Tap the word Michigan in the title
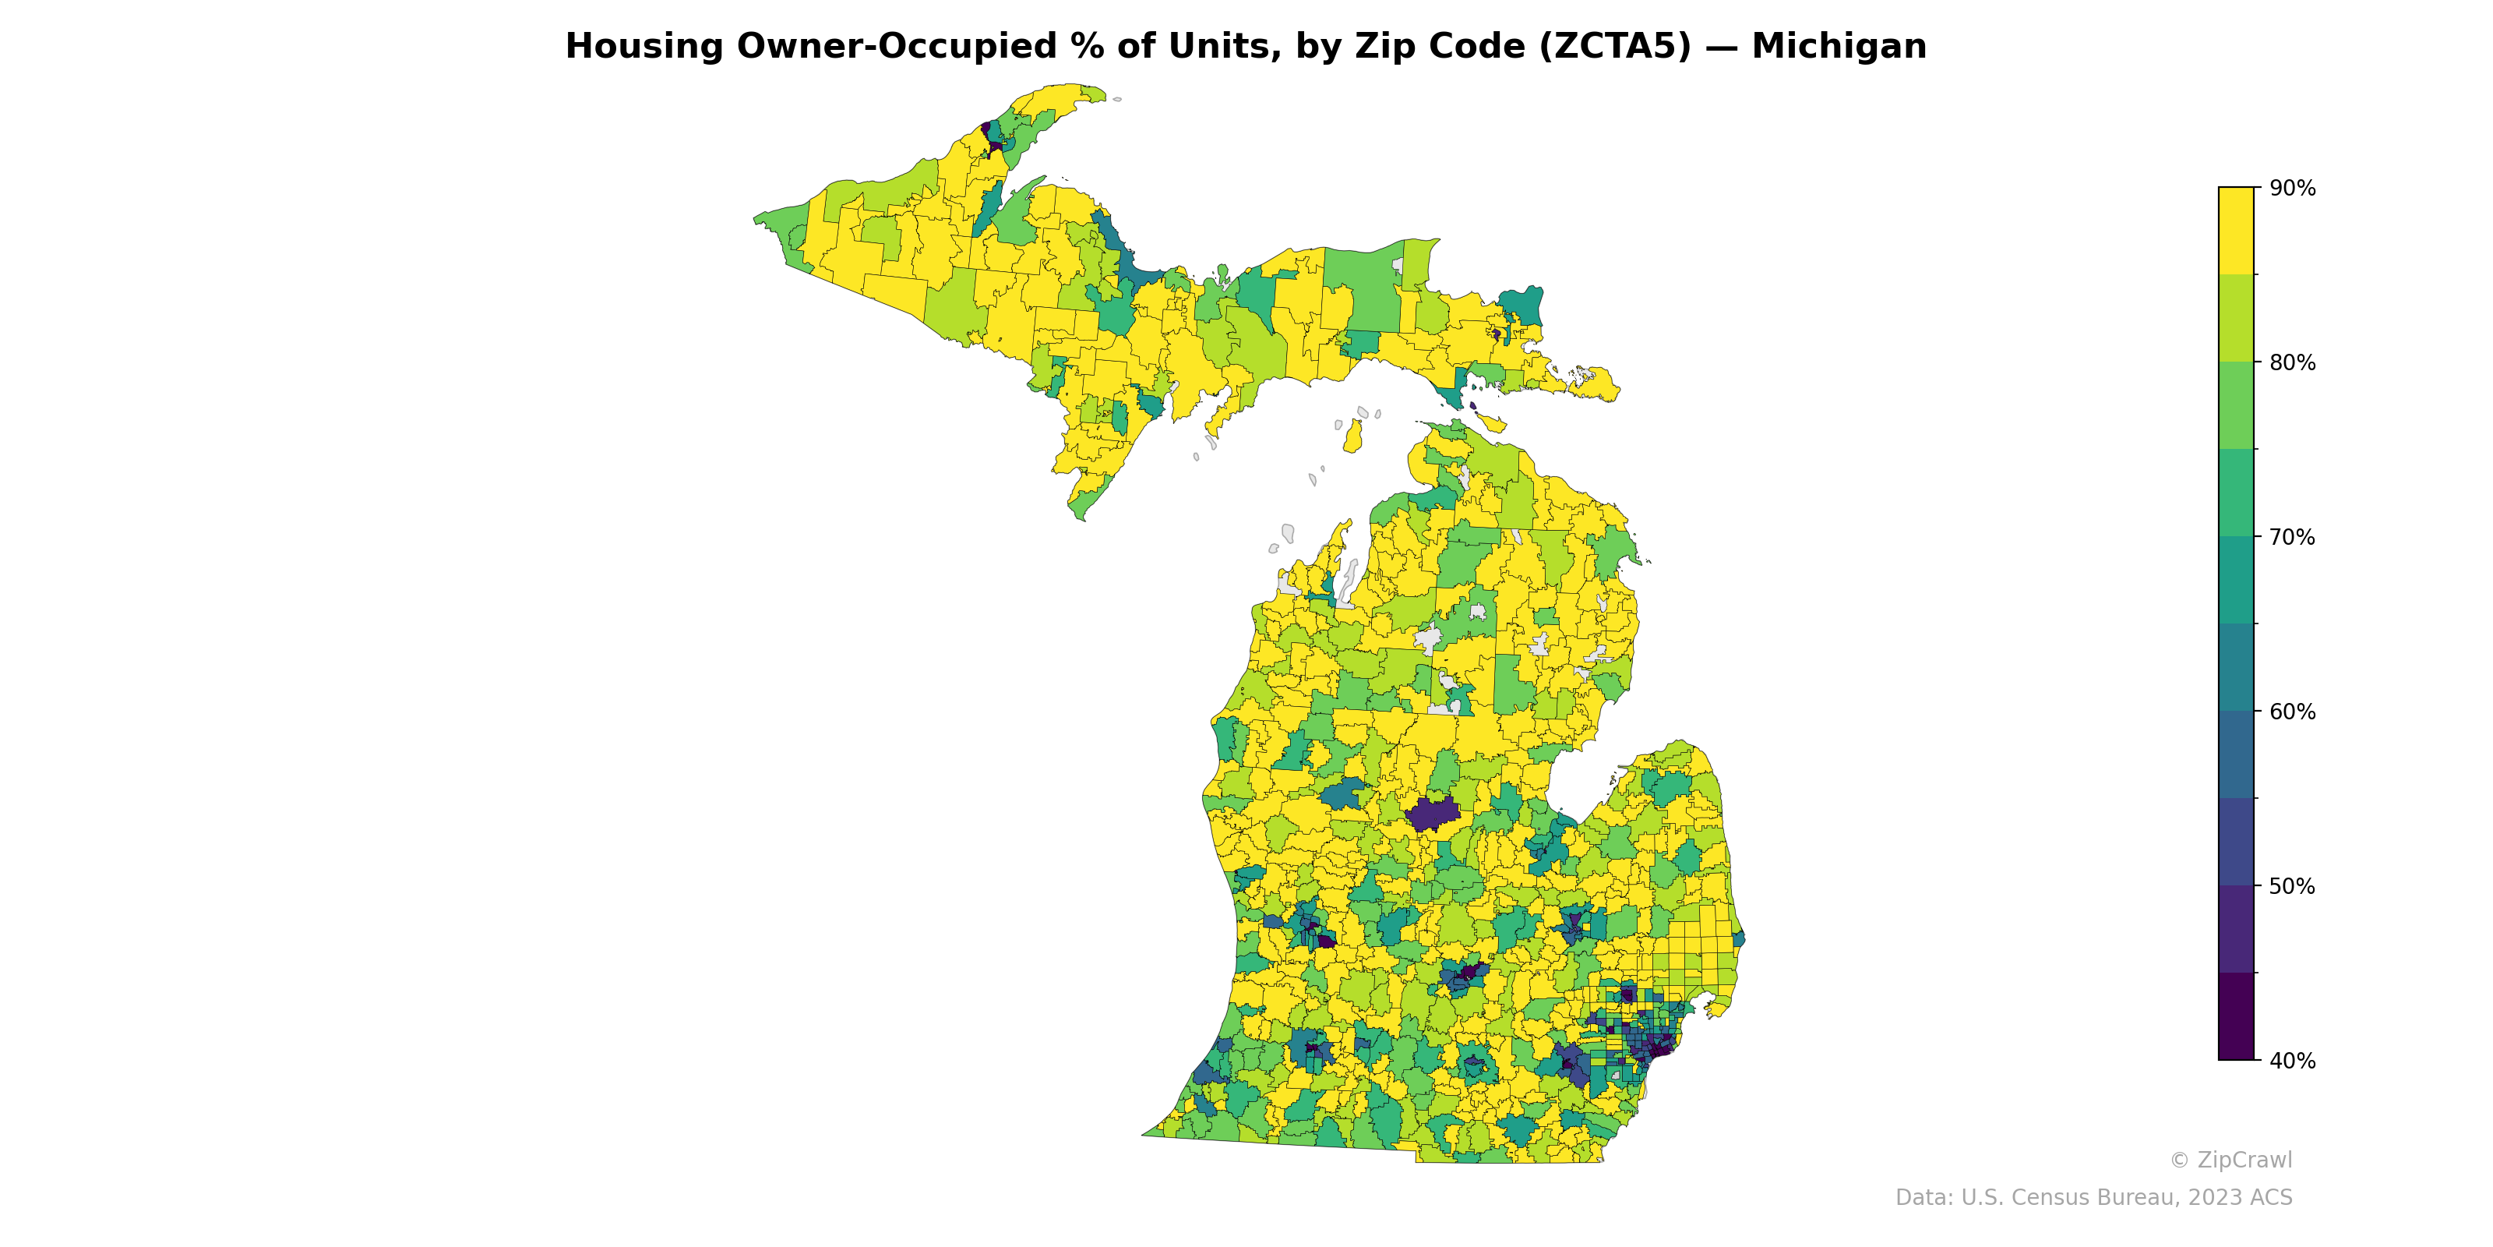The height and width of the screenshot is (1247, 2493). coord(1839,47)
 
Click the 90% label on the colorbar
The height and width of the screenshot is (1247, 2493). coord(2292,189)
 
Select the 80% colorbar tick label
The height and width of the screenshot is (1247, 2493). coord(2292,363)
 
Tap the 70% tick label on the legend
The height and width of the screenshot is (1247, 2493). coord(2292,537)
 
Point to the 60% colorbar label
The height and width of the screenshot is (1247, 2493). coord(2292,712)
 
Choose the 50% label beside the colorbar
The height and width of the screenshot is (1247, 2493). coord(2292,886)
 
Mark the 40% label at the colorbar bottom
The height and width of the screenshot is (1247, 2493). coord(2292,1061)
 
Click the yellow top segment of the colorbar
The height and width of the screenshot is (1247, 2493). coord(2236,231)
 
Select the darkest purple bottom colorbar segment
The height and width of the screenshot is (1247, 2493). coord(2236,1016)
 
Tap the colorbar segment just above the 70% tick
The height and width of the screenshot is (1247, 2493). coord(2236,493)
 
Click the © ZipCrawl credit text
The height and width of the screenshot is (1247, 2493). coord(2230,1160)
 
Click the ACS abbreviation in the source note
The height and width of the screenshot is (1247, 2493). coord(2270,1198)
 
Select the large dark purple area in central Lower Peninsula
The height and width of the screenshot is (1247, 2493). coord(1431,815)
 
